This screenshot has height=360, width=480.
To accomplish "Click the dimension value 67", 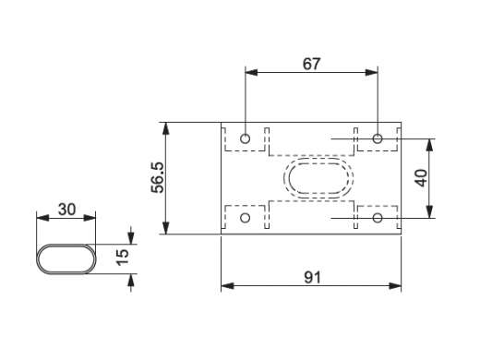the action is [311, 64].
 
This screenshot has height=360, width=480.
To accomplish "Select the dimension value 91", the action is [312, 277].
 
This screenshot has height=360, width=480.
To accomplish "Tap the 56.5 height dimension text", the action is [158, 177].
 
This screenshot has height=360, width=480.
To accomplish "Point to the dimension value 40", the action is [421, 178].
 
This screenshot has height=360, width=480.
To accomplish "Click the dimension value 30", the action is [66, 210].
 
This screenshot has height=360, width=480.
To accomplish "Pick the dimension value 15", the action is [122, 257].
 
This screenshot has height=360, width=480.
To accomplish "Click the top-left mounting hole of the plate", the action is [245, 138].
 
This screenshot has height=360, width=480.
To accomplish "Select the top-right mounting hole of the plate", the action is [378, 138].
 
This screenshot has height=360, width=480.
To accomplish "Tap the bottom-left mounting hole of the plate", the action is [245, 218].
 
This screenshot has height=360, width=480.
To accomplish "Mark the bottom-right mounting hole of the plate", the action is [378, 218].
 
